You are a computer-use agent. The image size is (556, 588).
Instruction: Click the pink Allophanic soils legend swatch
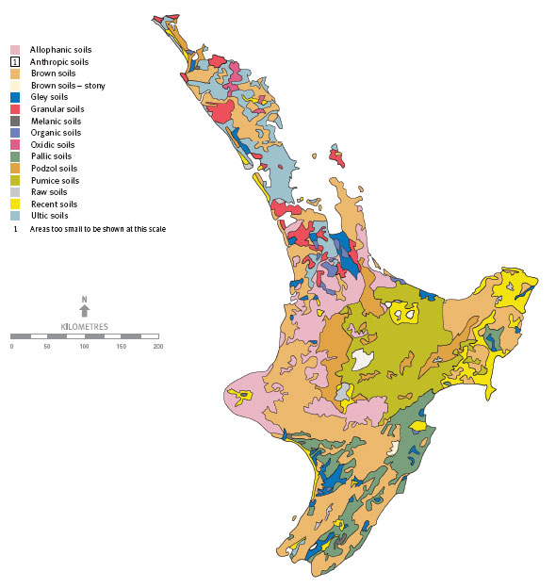point(15,49)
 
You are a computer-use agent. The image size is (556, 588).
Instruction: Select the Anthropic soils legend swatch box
point(15,61)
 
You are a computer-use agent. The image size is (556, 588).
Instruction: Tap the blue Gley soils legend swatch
point(15,97)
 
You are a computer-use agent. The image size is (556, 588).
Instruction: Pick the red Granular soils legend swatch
point(15,109)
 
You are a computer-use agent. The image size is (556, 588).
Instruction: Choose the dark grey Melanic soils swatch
point(15,121)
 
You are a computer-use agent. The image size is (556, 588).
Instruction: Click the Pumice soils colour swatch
point(15,180)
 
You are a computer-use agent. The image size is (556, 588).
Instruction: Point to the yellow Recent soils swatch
point(15,204)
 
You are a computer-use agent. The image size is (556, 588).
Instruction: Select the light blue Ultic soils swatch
point(15,216)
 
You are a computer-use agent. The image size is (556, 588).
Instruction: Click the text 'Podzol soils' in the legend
point(54,168)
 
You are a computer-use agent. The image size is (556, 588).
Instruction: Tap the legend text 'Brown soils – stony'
point(67,85)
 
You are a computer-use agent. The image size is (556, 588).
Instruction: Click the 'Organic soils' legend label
point(56,133)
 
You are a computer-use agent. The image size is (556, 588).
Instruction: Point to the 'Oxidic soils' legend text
point(53,144)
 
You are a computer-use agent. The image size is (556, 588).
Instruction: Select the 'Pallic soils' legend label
point(52,156)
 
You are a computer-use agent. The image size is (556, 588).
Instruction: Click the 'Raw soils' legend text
point(49,191)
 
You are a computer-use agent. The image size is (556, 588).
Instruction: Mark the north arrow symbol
point(84,307)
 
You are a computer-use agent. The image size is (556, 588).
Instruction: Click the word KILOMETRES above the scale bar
point(84,326)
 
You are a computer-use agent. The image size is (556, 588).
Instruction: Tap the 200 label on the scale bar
point(157,347)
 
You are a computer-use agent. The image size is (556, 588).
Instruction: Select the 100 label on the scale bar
point(84,347)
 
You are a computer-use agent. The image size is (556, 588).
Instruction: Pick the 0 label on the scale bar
point(11,347)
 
